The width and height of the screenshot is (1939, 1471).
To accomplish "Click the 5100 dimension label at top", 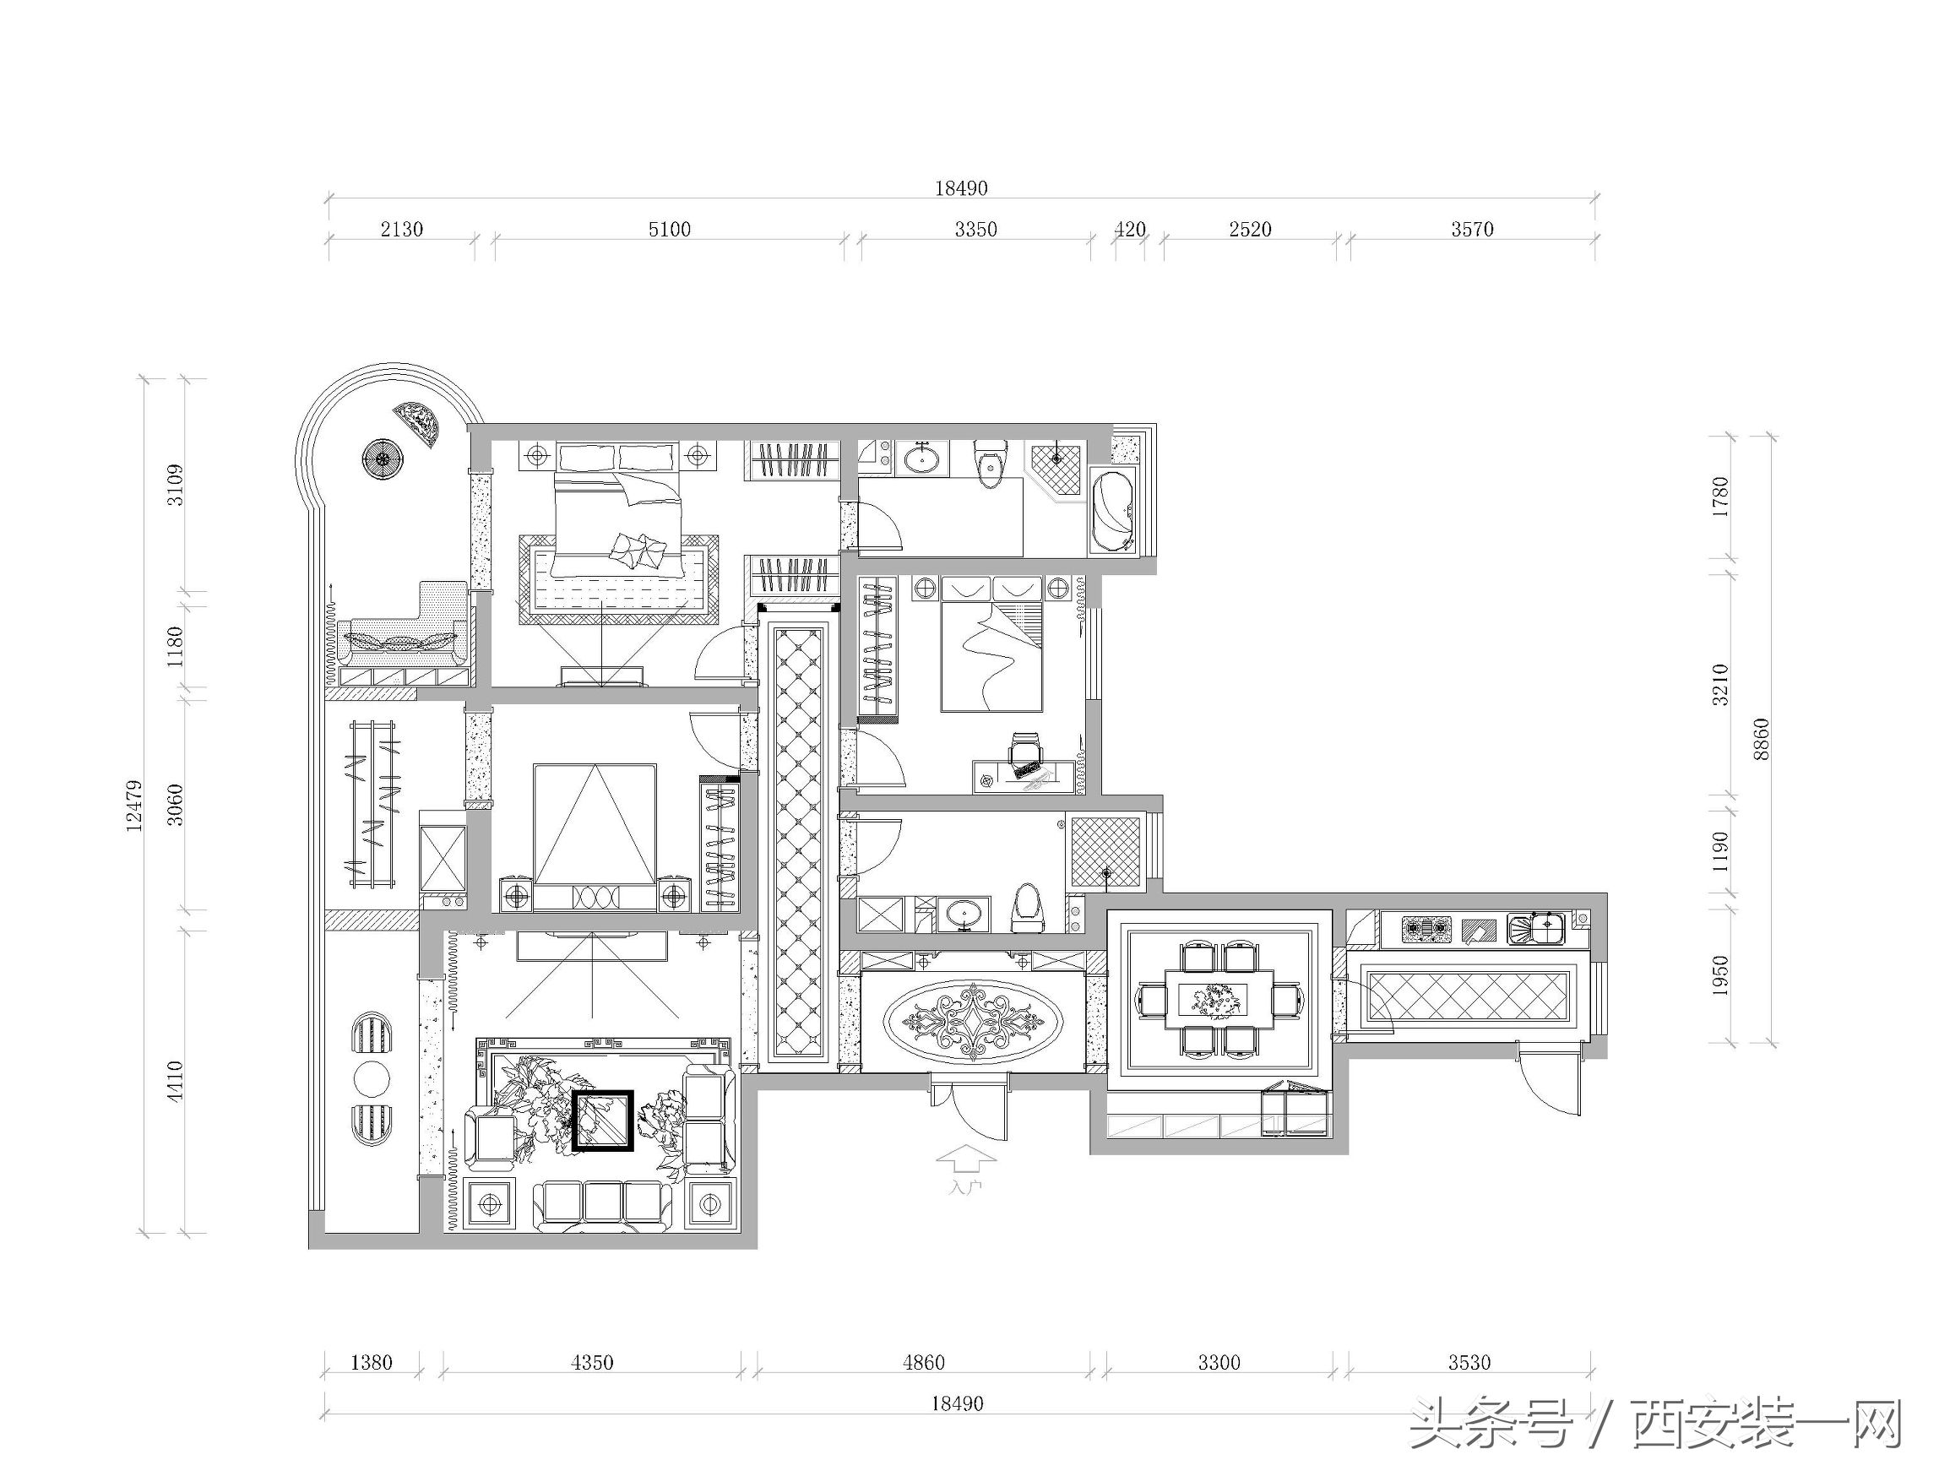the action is click(x=669, y=230).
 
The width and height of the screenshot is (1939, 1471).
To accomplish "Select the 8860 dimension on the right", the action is click(x=1762, y=739).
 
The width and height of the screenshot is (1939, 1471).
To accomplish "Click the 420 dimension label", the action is click(x=1130, y=230).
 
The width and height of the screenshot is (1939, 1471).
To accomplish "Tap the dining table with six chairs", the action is click(x=1219, y=997).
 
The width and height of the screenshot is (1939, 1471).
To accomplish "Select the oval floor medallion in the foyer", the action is click(x=973, y=1021).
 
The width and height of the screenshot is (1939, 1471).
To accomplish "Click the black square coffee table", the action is click(x=602, y=1120).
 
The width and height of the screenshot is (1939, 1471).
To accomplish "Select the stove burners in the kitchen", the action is click(x=1426, y=928).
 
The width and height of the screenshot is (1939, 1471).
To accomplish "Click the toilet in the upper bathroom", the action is click(x=991, y=463).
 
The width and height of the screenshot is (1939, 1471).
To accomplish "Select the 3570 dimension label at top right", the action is click(x=1472, y=230).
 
